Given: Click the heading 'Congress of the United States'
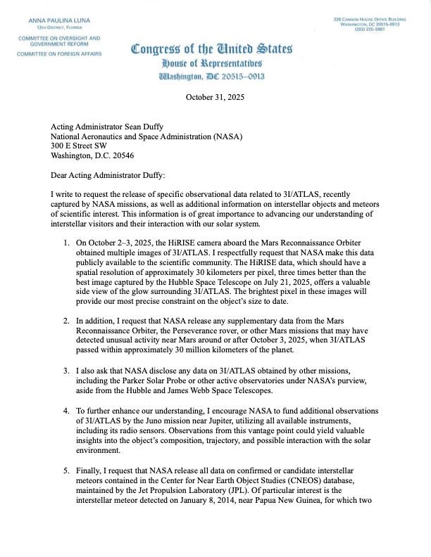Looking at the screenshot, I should [x=212, y=50].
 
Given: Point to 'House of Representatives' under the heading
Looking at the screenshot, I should [x=212, y=63].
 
